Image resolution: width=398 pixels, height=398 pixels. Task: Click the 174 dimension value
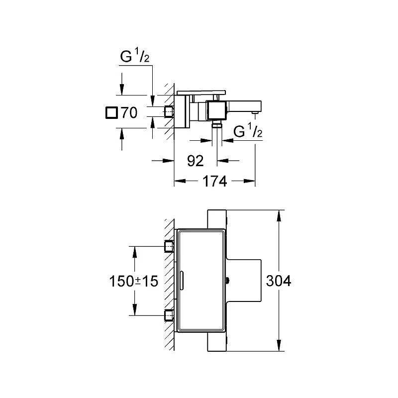click(214, 181)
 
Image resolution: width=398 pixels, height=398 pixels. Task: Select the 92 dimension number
click(195, 161)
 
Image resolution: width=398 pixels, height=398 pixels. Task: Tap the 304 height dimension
click(279, 281)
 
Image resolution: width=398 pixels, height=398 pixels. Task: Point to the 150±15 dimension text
click(133, 281)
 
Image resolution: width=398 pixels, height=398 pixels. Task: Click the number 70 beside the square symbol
click(129, 112)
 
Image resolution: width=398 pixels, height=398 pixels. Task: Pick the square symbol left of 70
click(111, 113)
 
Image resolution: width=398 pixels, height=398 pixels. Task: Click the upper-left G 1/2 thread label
click(134, 56)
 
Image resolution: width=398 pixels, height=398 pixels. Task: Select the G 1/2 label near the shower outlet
click(247, 131)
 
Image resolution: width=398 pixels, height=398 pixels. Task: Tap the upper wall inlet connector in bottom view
click(169, 246)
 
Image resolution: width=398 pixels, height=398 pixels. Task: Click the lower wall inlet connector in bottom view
click(169, 315)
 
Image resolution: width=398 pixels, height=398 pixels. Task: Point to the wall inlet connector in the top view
click(169, 111)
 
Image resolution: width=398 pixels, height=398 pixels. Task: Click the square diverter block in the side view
click(216, 110)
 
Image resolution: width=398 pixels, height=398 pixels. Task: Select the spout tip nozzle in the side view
click(254, 112)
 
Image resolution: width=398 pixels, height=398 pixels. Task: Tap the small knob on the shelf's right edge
click(227, 280)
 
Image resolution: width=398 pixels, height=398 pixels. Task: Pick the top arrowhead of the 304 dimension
click(279, 216)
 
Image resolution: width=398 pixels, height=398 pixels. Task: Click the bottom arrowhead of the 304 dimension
click(279, 345)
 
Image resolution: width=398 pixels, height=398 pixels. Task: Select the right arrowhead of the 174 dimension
click(249, 181)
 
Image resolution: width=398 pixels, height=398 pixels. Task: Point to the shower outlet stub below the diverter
click(217, 124)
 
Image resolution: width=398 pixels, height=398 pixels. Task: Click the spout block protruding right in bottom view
click(244, 280)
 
